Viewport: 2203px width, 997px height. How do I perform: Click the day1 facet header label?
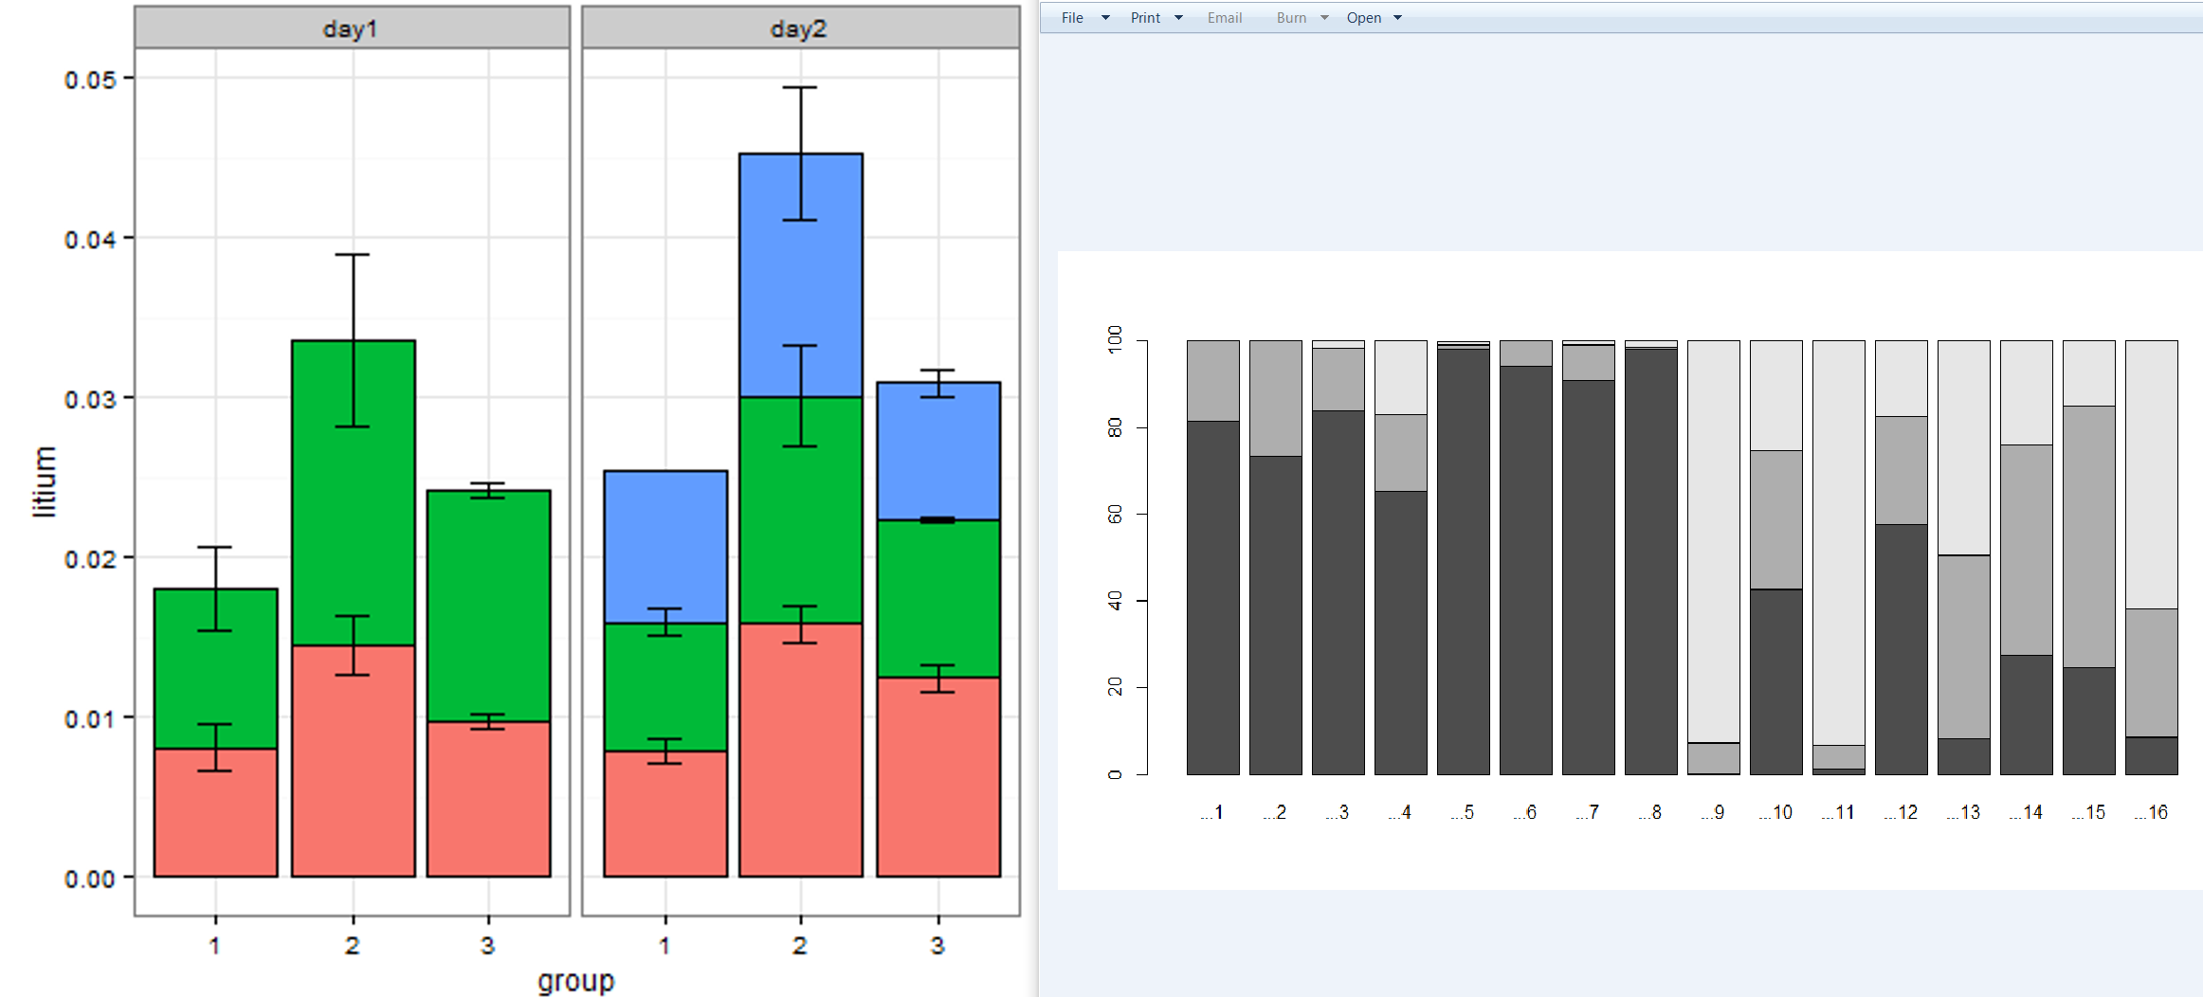click(350, 29)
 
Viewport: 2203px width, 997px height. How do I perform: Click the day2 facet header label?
click(798, 29)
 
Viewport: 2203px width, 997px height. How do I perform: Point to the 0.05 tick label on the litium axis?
click(90, 80)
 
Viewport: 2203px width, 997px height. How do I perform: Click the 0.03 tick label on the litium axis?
click(90, 399)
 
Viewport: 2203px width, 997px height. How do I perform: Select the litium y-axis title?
click(45, 481)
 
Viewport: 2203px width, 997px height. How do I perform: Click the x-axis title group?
click(575, 981)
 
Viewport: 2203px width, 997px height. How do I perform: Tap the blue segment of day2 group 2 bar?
click(801, 275)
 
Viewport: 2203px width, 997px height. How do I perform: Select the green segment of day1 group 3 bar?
click(488, 607)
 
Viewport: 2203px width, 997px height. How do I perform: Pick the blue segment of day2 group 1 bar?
click(665, 547)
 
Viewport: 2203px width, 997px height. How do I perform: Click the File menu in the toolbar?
click(1072, 18)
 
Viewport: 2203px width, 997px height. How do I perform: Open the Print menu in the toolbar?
click(1145, 18)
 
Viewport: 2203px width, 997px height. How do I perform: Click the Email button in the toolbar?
click(1225, 18)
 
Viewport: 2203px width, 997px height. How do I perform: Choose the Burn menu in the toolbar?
click(1291, 18)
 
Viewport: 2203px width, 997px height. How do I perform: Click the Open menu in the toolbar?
click(1364, 18)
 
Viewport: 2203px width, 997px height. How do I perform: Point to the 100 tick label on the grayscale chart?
click(1115, 339)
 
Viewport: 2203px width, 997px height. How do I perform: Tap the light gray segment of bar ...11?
click(1838, 540)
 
